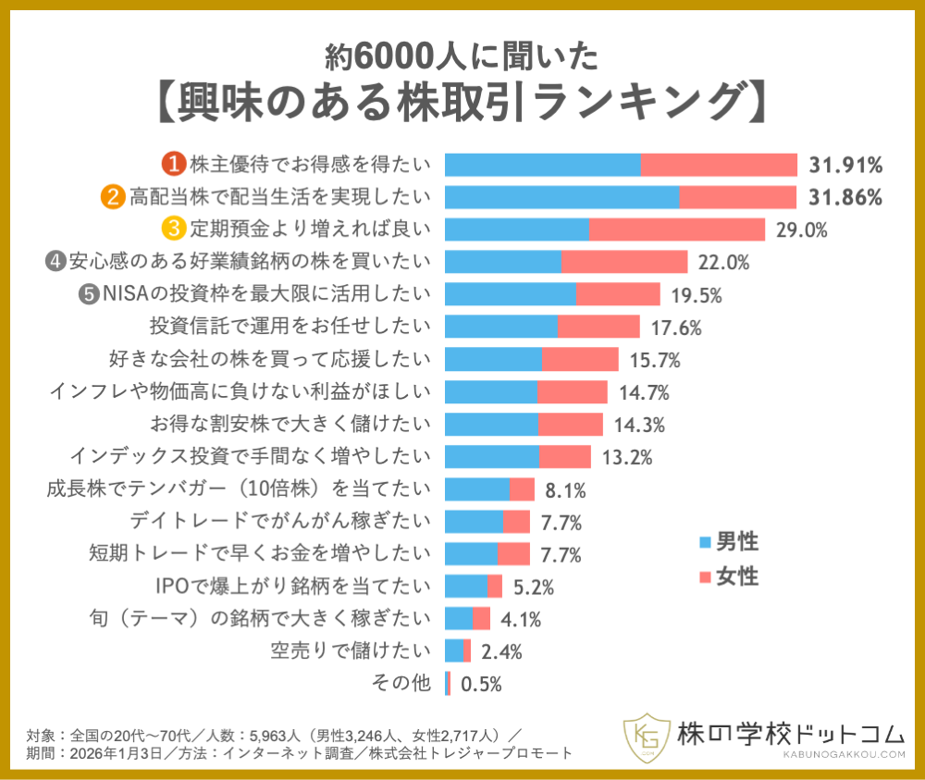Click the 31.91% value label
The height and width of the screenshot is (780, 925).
point(845,166)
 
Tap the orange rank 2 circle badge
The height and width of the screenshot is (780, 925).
point(113,197)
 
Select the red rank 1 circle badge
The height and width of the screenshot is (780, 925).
point(173,165)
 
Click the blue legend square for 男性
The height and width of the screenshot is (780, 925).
point(706,541)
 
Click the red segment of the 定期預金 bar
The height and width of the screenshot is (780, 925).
point(677,229)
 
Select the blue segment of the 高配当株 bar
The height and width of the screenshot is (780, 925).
point(561,197)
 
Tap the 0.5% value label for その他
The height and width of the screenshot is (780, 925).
point(480,684)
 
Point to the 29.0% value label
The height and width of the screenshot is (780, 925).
point(801,229)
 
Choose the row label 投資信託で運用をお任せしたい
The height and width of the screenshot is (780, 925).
point(290,326)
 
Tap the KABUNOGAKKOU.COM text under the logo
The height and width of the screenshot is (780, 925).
point(790,755)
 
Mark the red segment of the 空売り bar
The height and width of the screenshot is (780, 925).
point(467,650)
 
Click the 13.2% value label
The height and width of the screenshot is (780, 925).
point(628,457)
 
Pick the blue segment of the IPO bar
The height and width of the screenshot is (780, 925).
point(466,586)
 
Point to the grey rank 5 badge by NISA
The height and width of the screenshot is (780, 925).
point(89,293)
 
